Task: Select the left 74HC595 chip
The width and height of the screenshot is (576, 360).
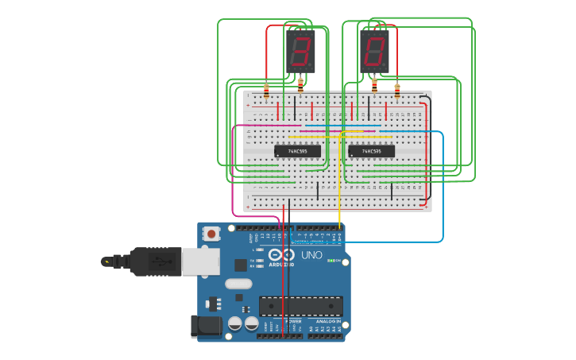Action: [298, 151]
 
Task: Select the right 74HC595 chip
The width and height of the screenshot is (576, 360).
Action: [371, 151]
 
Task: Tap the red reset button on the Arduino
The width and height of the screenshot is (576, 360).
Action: [211, 234]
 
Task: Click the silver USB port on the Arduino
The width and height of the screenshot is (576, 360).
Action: [200, 261]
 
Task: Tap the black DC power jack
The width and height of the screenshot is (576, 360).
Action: [205, 326]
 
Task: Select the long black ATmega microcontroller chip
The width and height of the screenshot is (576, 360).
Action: [301, 306]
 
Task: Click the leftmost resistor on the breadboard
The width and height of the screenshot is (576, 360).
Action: [266, 90]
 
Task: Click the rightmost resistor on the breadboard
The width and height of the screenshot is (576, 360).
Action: [397, 90]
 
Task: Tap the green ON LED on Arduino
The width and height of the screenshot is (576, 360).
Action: [331, 261]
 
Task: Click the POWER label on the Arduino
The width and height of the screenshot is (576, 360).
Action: [282, 322]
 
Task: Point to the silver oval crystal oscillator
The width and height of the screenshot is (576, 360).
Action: [238, 284]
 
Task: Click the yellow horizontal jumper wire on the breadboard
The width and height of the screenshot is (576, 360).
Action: [318, 137]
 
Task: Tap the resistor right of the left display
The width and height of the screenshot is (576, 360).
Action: [300, 83]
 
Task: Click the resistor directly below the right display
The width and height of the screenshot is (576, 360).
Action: [374, 84]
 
